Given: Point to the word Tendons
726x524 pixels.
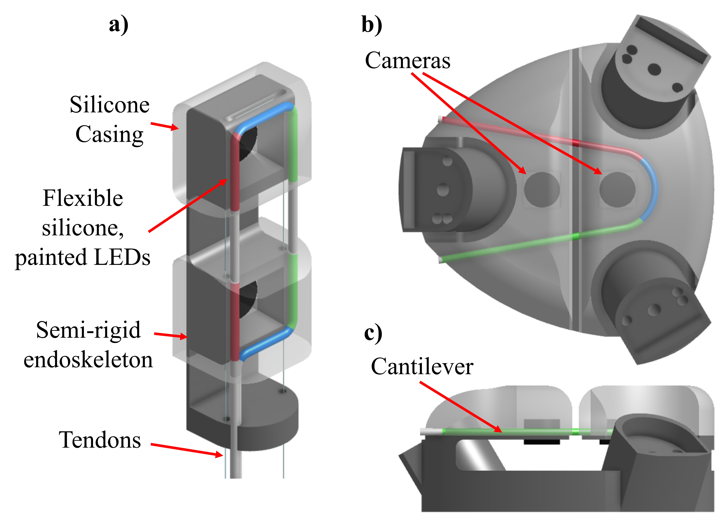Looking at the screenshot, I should click(100, 440).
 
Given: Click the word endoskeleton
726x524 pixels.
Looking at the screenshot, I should click(88, 360).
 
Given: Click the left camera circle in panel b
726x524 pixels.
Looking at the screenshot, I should click(542, 189).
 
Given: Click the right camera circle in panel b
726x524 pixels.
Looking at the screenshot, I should click(617, 189).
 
